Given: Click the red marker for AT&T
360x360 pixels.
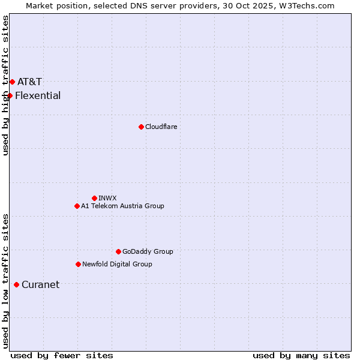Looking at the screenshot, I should (12, 82).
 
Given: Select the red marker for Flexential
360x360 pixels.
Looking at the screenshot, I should (10, 95).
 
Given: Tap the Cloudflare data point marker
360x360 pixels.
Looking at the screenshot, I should (141, 127).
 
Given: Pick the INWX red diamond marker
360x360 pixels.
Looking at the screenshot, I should (94, 198).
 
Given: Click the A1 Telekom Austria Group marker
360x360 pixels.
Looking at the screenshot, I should (77, 206).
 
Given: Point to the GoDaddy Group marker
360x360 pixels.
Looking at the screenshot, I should (118, 251).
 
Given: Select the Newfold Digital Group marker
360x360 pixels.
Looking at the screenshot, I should (78, 264).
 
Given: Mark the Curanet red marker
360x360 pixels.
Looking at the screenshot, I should (16, 284).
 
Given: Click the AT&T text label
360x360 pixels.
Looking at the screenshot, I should (29, 82).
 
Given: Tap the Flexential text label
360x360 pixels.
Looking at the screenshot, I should (38, 95).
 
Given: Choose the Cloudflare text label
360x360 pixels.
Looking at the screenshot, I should (161, 127).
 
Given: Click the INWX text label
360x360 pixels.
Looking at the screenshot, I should (107, 198).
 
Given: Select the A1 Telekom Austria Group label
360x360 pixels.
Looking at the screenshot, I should (122, 206).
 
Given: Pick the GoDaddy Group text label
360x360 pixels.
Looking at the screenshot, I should (148, 251).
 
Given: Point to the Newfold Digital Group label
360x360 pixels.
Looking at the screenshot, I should (117, 264).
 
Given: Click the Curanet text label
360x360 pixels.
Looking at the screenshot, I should (40, 284).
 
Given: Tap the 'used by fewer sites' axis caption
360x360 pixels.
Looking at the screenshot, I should (62, 355).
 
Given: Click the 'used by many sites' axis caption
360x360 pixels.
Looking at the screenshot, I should (301, 355).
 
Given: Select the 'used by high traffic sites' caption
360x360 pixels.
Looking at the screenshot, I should (5, 85).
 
